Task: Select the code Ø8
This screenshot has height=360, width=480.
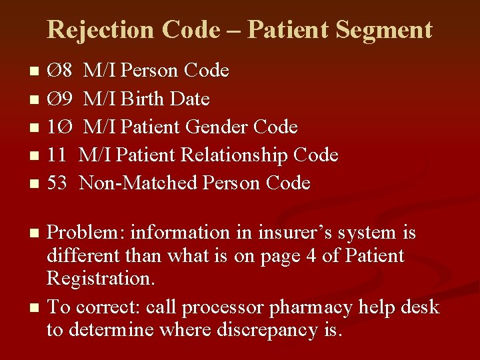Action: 60,71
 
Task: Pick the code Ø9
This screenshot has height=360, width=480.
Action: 60,99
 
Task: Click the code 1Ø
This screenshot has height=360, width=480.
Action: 60,127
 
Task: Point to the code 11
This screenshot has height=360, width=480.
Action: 57,155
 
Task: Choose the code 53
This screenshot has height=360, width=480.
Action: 57,183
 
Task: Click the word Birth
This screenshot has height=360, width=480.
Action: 144,99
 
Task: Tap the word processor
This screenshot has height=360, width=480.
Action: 223,307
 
